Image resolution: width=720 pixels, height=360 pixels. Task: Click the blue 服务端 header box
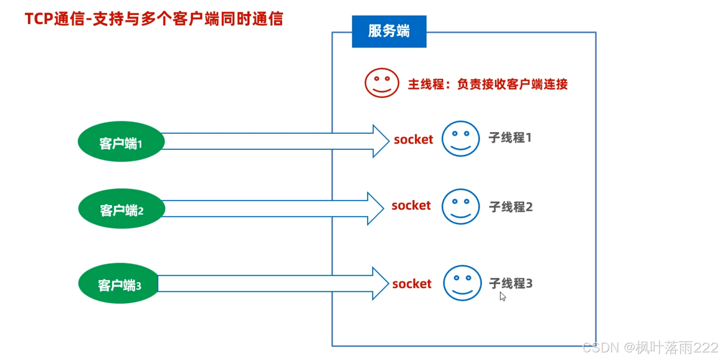389,31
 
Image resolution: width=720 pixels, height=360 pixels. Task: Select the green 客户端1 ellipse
121,141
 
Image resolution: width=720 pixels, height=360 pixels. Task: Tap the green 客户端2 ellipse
121,208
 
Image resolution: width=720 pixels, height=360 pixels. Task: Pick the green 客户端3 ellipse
119,283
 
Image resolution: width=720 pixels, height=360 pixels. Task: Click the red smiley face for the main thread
382,83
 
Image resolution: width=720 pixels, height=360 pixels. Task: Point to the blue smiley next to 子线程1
460,139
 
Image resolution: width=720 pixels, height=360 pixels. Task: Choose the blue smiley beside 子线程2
460,207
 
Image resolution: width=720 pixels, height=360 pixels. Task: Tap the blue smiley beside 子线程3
462,283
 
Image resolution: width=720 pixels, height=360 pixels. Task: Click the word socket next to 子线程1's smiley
413,140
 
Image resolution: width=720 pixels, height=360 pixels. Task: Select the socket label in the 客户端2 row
411,206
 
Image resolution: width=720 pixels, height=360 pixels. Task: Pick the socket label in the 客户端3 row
411,284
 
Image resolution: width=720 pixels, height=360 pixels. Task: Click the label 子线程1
510,138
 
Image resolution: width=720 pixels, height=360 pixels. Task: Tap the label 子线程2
511,207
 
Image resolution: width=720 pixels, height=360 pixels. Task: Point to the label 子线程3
511,283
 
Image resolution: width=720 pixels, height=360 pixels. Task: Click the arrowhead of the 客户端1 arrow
380,141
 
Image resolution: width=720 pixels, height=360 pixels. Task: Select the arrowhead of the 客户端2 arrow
375,208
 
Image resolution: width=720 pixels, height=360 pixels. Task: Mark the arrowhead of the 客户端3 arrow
380,283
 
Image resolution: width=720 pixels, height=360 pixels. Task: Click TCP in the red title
39,19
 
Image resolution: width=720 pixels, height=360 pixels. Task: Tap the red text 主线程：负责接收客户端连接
487,84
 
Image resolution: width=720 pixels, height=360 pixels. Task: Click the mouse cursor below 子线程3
503,297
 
